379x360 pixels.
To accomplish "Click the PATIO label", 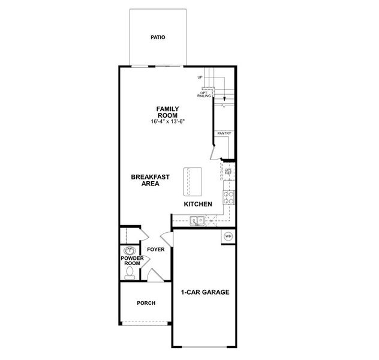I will click(x=158, y=38).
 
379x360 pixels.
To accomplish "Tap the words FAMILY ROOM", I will click(x=168, y=112).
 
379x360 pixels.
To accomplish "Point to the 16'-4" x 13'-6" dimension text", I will click(x=168, y=122).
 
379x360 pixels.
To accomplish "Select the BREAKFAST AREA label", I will click(x=150, y=181).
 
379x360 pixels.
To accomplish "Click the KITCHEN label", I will click(x=198, y=205).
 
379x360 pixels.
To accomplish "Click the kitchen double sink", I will click(x=198, y=220).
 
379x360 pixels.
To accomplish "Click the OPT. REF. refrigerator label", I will click(x=228, y=172).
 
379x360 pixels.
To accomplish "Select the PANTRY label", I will click(x=224, y=134).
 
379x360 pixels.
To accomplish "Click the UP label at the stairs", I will click(x=200, y=78).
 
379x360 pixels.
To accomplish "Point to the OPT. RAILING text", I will click(x=204, y=95).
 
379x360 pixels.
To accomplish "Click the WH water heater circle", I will click(x=228, y=236).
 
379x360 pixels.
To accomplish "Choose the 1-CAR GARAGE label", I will click(x=205, y=293).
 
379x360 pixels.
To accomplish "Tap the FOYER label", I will click(x=155, y=249).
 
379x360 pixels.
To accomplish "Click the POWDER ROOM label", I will click(x=131, y=261).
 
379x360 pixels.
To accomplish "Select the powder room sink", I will click(x=129, y=250).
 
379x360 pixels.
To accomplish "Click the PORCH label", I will click(x=146, y=304).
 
